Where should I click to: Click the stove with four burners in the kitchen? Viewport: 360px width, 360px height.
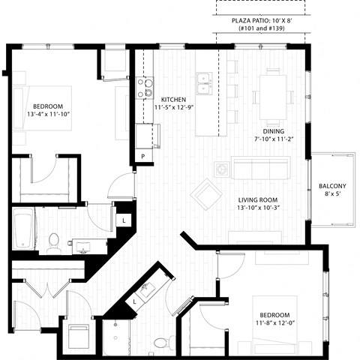[144, 88]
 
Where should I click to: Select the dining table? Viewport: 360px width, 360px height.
[272, 91]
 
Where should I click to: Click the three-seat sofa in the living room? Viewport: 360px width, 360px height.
[260, 166]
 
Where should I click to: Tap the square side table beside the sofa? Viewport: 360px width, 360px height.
[222, 168]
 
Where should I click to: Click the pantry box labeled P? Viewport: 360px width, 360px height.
[142, 156]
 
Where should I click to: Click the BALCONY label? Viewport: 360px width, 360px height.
[332, 186]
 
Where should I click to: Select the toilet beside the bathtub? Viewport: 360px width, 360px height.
[53, 241]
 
